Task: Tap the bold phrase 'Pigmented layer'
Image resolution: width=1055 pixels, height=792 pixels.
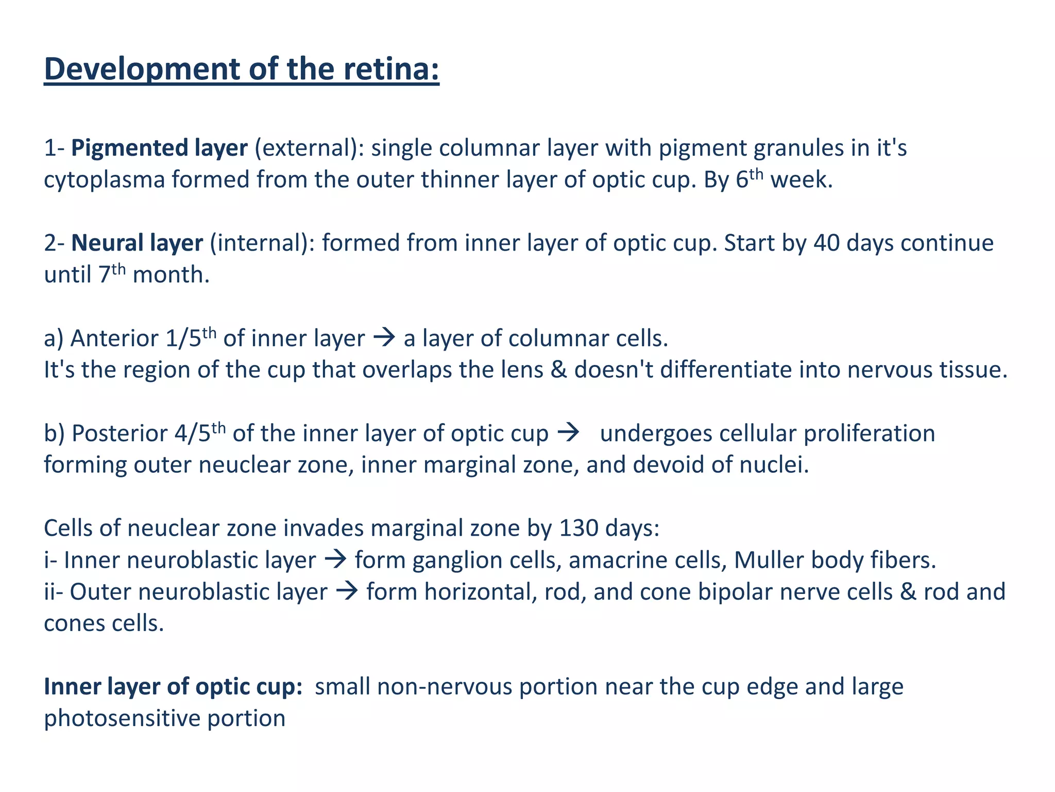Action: pyautogui.click(x=159, y=148)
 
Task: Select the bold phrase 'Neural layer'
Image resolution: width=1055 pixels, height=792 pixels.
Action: pyautogui.click(x=137, y=243)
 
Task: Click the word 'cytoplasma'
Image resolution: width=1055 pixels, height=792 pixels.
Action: pyautogui.click(x=104, y=180)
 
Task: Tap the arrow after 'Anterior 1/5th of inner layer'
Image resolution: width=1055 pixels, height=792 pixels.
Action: pyautogui.click(x=384, y=338)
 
